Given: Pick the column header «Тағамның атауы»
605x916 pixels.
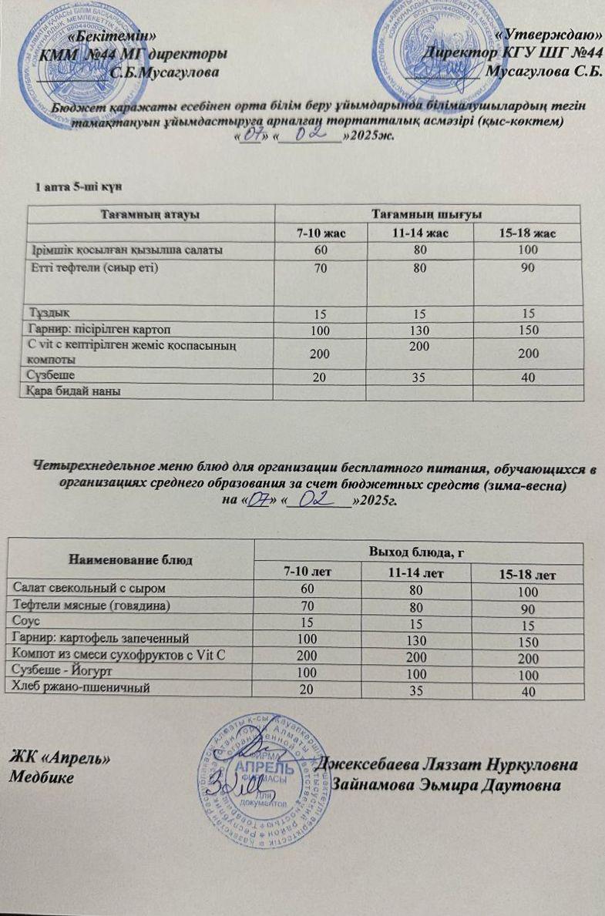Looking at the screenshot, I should pyautogui.click(x=151, y=214).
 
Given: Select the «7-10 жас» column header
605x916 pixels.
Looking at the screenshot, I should pyautogui.click(x=321, y=233).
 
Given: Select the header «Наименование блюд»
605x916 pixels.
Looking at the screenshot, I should pyautogui.click(x=130, y=558).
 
